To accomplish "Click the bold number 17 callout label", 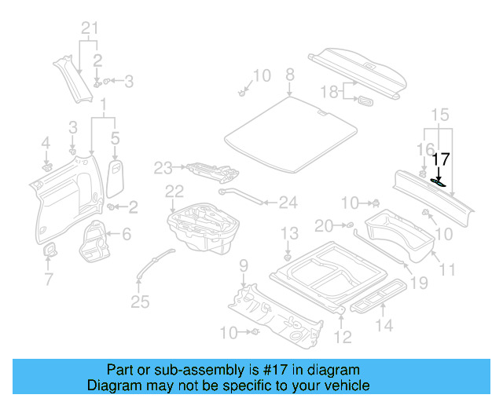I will (442, 159).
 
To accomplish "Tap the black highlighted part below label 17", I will (438, 182).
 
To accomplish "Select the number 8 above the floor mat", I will (289, 75).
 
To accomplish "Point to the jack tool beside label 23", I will (206, 170).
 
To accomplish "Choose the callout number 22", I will (174, 191).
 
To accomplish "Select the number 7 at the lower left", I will (49, 279).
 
